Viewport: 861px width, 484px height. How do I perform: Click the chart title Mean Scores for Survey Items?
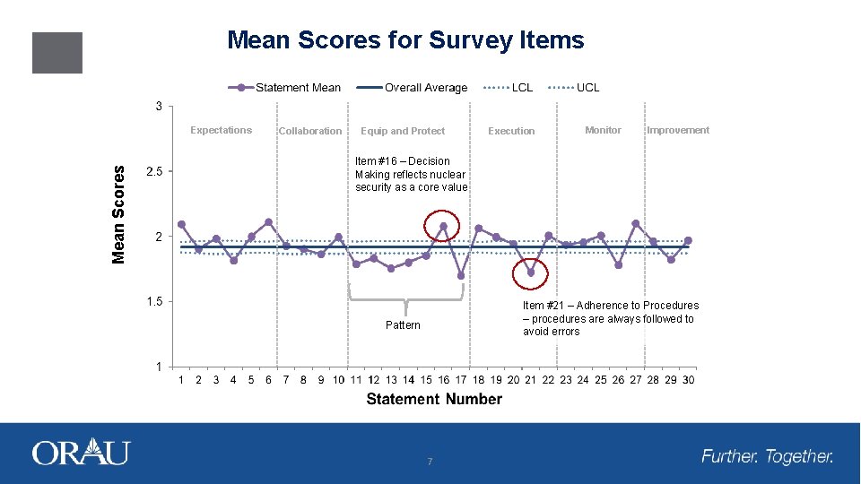405,40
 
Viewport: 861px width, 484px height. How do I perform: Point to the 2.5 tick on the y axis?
153,172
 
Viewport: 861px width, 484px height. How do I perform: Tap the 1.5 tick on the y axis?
153,302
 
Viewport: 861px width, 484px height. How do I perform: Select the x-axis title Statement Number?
434,399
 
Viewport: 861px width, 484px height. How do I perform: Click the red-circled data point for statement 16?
443,226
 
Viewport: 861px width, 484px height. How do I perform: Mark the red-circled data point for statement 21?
530,272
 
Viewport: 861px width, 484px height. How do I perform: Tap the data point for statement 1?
181,224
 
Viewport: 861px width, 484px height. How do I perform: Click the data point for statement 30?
688,240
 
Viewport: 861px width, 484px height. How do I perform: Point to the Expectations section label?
221,130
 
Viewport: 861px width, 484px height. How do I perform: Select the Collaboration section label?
309,131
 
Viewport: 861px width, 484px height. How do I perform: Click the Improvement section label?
677,130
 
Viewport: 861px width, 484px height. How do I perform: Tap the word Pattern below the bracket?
403,324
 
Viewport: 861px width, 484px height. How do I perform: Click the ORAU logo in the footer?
81,453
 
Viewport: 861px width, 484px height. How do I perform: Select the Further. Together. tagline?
767,456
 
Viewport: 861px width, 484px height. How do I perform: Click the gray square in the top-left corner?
57,53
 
